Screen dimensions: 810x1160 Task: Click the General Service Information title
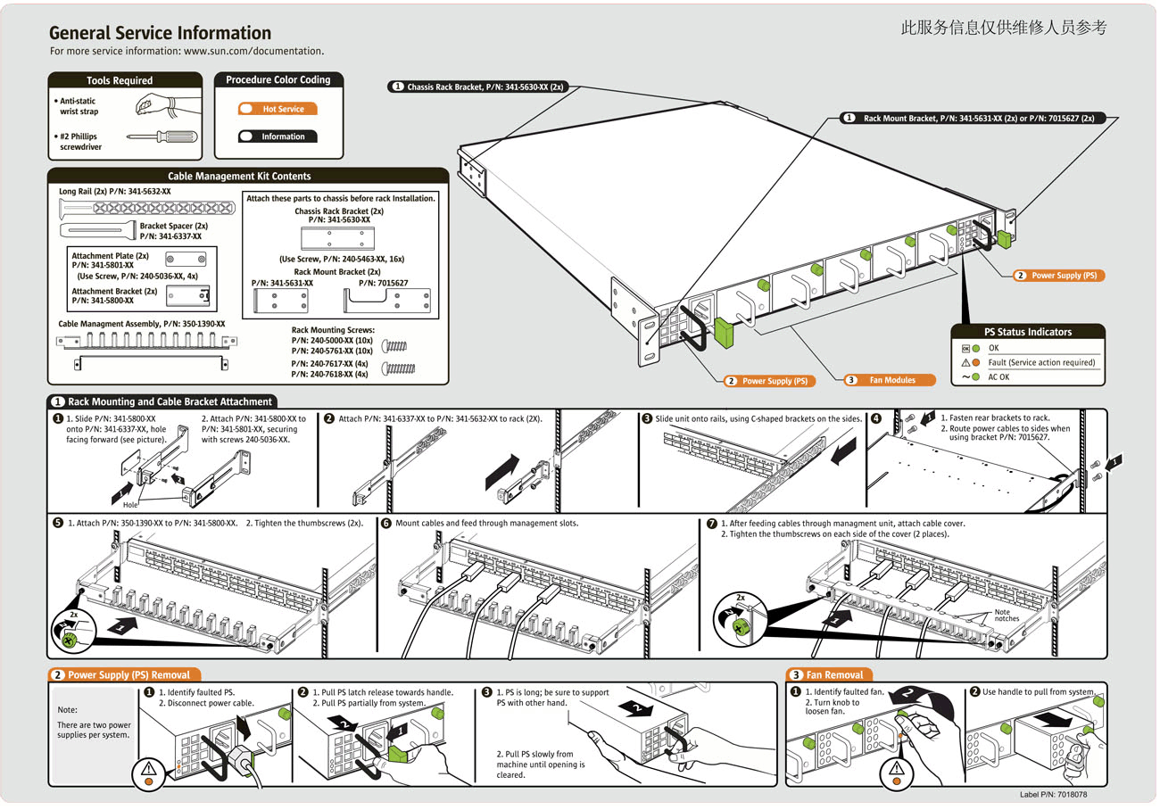click(161, 34)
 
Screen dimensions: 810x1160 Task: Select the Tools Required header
click(120, 80)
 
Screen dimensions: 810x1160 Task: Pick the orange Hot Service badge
click(278, 110)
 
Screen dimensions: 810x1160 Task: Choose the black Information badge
click(278, 136)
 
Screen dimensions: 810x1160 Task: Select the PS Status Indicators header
click(1028, 332)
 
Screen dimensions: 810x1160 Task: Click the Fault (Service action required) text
click(1040, 363)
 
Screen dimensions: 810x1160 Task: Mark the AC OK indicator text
click(999, 377)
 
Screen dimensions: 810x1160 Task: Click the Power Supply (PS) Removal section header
click(128, 675)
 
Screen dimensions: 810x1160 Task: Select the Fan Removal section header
click(833, 675)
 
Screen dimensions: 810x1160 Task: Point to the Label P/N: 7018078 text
click(1053, 794)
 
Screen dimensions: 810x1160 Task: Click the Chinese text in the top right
click(1004, 28)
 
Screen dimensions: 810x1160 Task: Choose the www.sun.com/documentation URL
click(253, 52)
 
